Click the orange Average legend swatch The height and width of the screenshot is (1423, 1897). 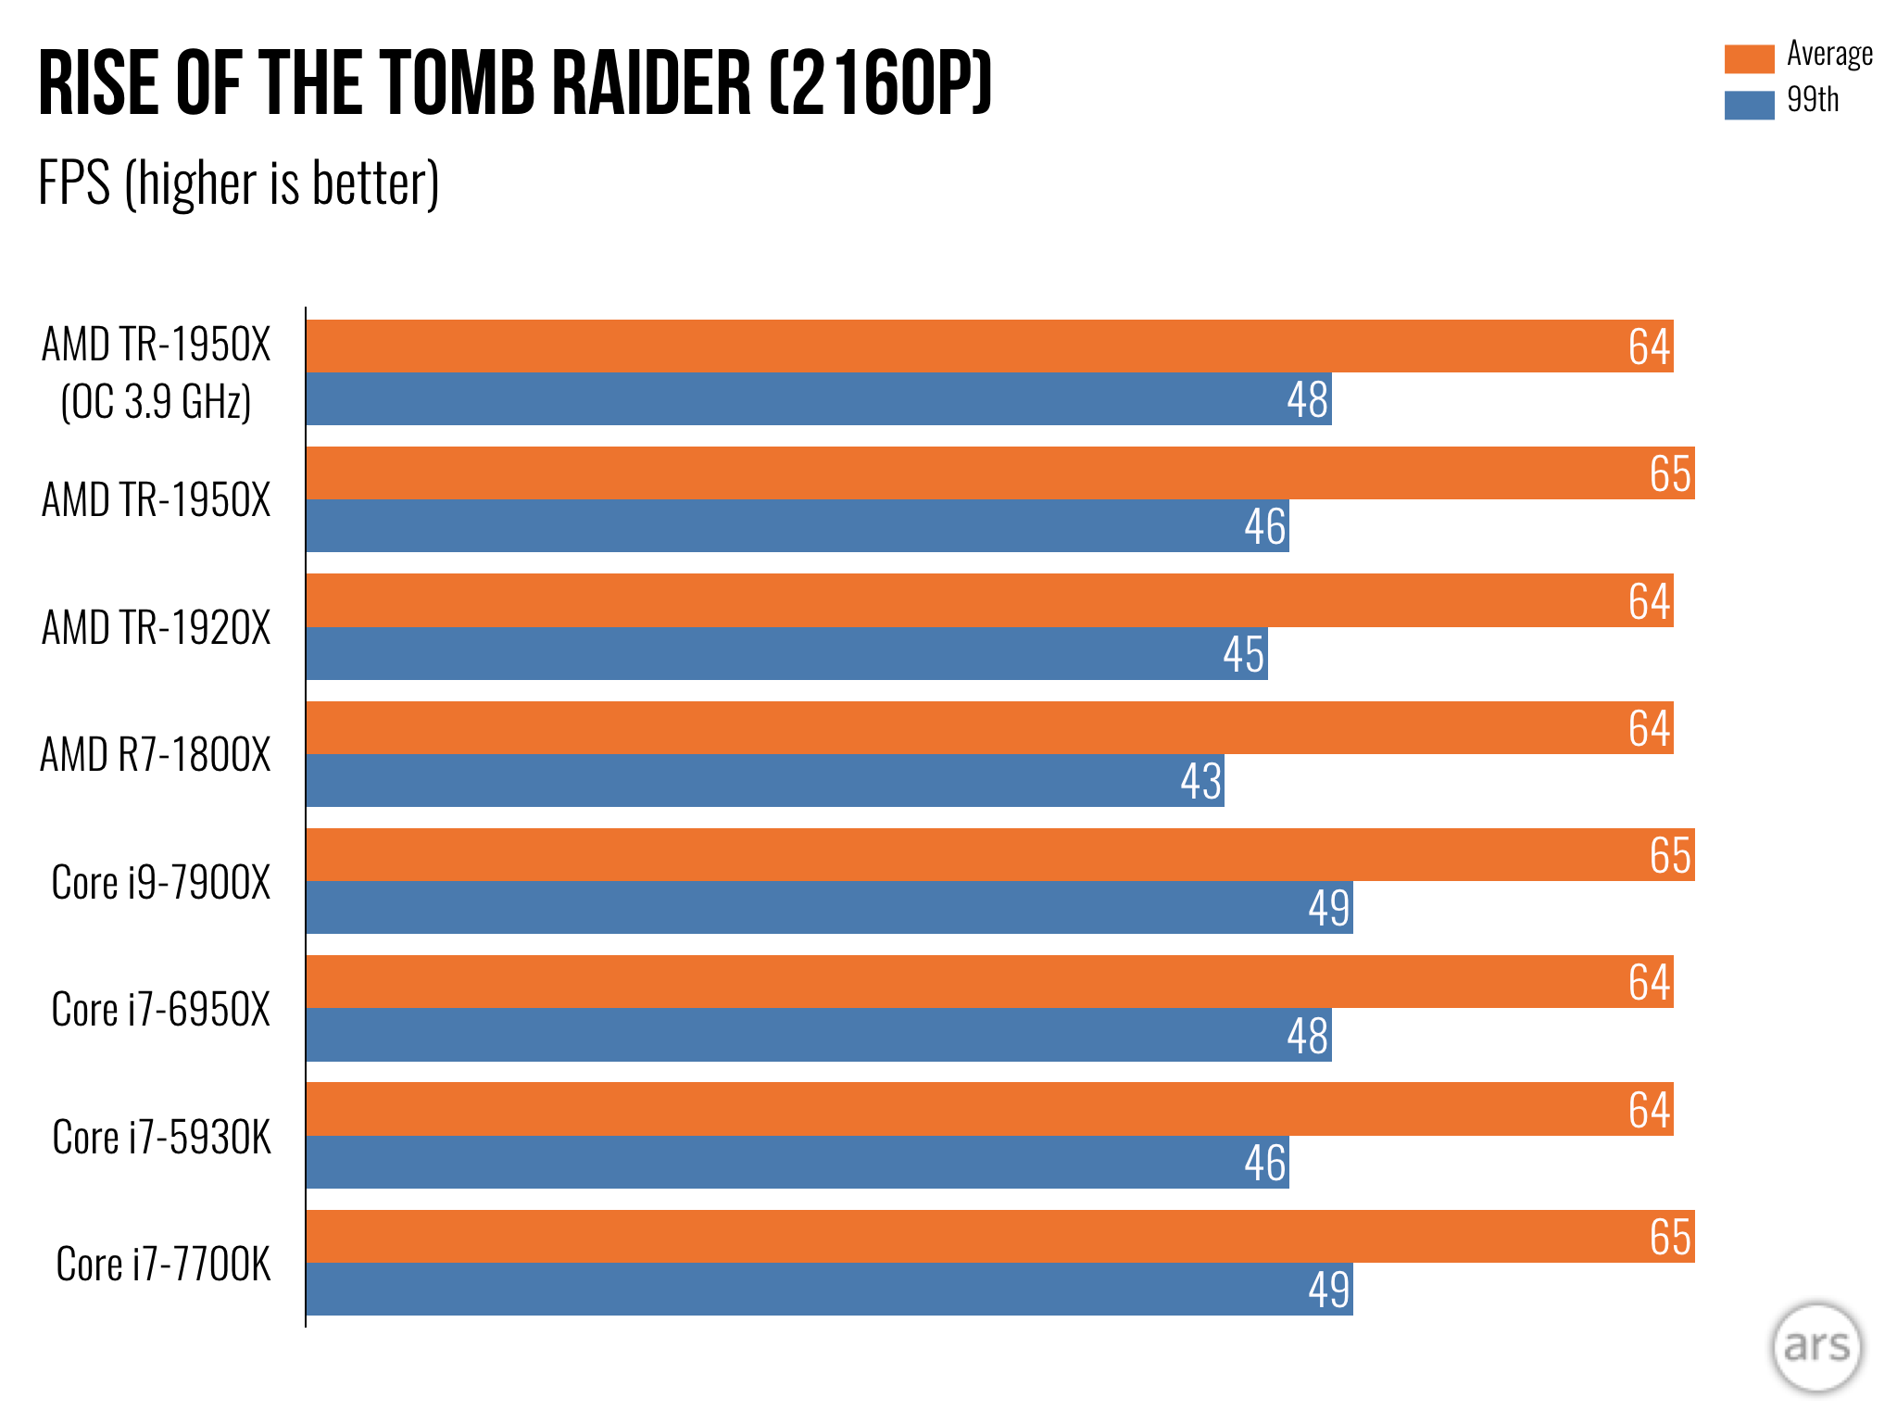(x=1748, y=58)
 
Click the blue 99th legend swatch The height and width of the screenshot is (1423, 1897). (x=1748, y=105)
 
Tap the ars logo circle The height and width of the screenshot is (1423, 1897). (x=1816, y=1346)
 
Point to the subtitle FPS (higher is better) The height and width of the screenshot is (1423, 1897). (x=238, y=183)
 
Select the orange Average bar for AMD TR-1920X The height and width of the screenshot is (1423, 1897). (x=989, y=600)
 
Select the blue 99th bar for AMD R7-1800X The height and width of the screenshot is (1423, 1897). (x=765, y=780)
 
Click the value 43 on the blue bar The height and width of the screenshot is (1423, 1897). (x=1200, y=781)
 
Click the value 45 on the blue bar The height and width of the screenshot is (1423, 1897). (x=1243, y=654)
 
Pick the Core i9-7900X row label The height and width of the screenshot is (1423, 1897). (x=160, y=882)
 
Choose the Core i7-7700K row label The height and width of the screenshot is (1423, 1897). (x=163, y=1264)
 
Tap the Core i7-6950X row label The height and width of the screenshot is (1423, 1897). (x=160, y=1009)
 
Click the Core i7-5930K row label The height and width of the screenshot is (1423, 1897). (x=161, y=1137)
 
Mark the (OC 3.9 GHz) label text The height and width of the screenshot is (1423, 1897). (x=156, y=402)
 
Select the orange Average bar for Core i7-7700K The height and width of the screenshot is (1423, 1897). (x=1000, y=1236)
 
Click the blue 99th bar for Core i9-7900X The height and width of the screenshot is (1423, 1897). (x=829, y=907)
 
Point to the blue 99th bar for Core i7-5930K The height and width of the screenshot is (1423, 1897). (x=797, y=1162)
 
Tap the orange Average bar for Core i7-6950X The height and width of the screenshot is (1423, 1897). (x=989, y=981)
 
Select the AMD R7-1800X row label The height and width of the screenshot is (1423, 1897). (x=156, y=754)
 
